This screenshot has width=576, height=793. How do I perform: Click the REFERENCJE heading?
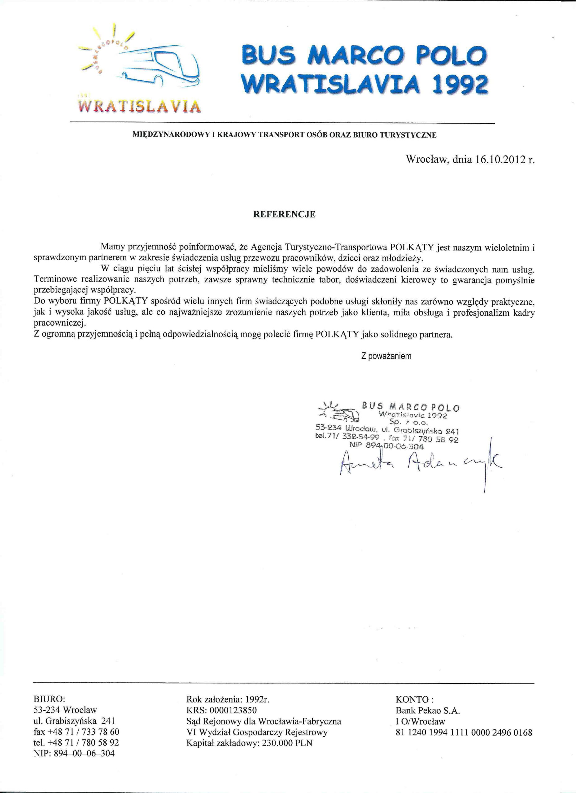tap(284, 215)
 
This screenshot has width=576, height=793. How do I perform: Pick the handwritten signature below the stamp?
tap(419, 464)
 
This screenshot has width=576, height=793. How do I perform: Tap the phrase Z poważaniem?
tap(386, 356)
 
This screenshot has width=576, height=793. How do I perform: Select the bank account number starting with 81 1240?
tap(464, 732)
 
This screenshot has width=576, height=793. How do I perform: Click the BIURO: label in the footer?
tap(49, 699)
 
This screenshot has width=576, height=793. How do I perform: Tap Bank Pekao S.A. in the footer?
tap(428, 710)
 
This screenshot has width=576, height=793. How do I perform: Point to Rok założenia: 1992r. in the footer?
tap(228, 699)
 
